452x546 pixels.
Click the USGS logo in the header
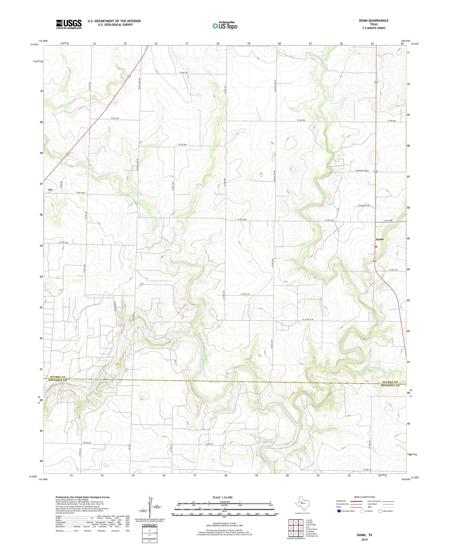point(69,24)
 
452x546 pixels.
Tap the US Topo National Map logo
point(224,26)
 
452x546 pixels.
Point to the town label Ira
point(50,189)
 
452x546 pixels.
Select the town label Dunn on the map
point(380,239)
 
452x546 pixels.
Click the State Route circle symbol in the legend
point(380,511)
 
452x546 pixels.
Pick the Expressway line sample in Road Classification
point(356,501)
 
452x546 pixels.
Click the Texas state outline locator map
point(302,502)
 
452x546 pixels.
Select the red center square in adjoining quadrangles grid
point(300,528)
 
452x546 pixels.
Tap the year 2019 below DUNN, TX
point(364,540)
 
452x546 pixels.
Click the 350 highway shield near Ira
point(67,154)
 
